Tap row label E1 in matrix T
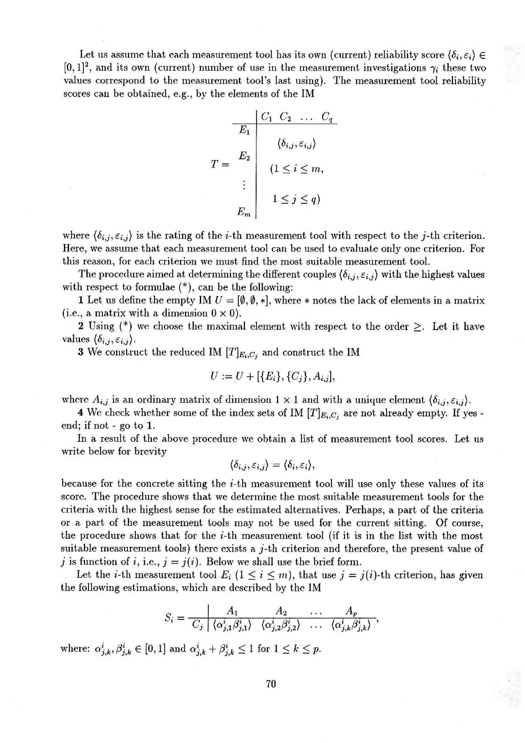click(244, 130)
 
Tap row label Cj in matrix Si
click(199, 637)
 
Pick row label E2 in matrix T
click(244, 158)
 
